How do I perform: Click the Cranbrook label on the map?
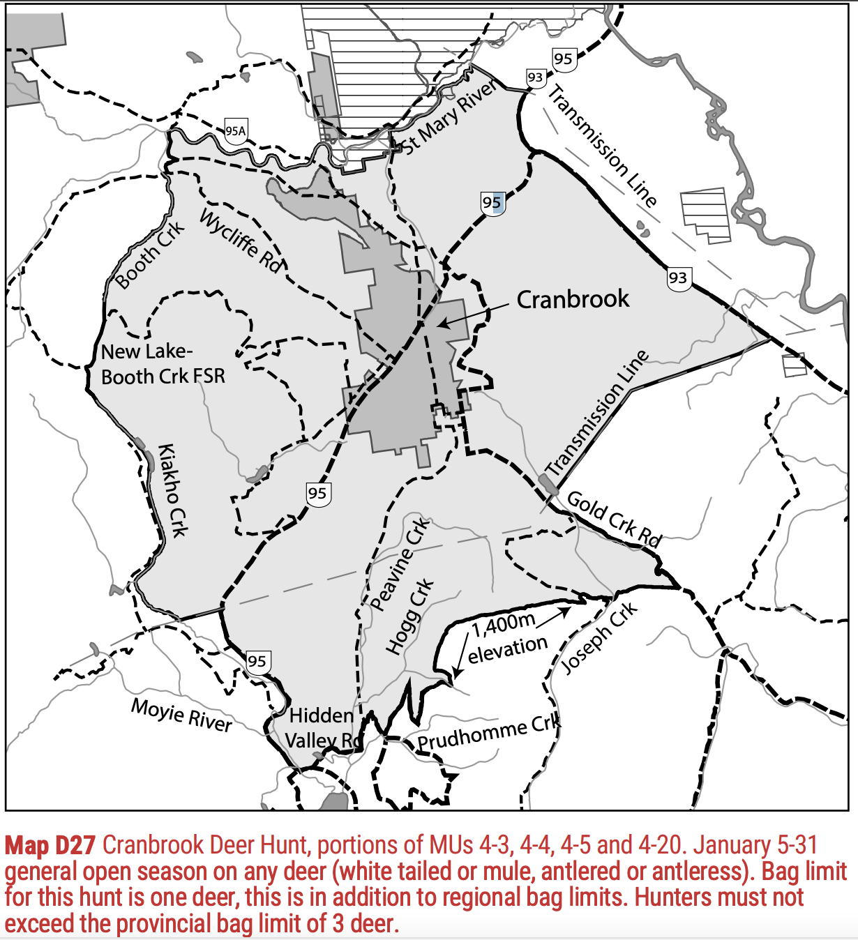pos(573,299)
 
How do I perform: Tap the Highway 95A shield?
pos(236,130)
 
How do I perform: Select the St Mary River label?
pos(451,117)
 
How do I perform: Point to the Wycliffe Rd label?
pos(241,241)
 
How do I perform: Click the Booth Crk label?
pos(149,255)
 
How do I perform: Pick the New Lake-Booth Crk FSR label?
pos(163,364)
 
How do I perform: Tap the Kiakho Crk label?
pos(173,490)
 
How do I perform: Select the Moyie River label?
pos(181,715)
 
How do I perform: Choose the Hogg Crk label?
pos(409,616)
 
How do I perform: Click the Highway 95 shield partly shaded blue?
pos(492,203)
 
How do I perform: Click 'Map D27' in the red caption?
pos(50,845)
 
